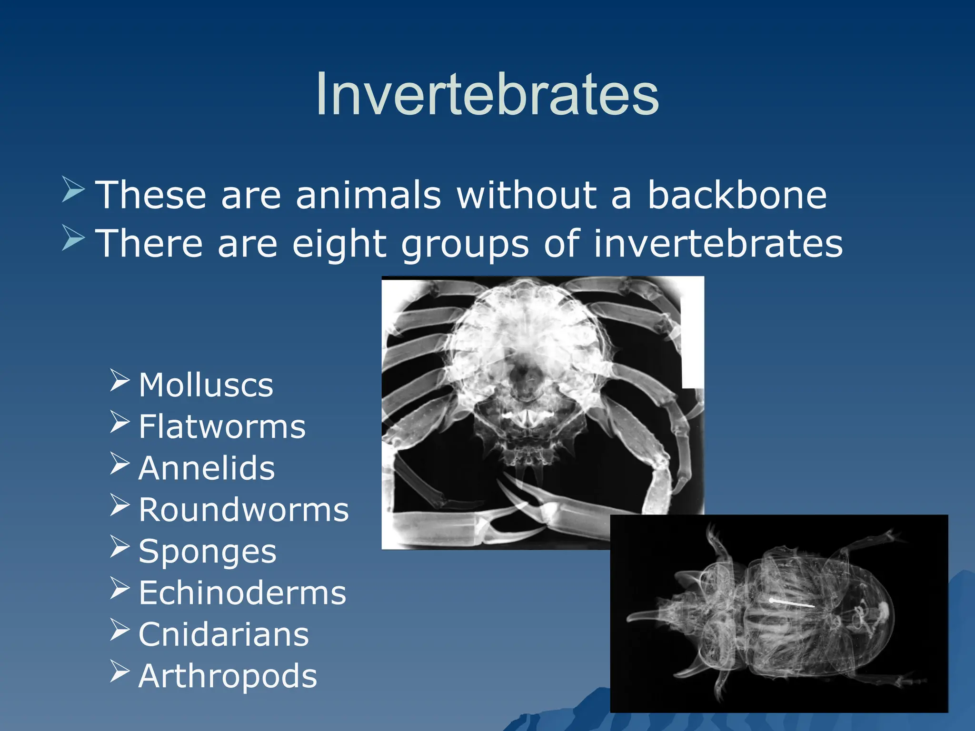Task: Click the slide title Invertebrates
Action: pyautogui.click(x=487, y=94)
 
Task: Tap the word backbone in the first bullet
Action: pyautogui.click(x=736, y=195)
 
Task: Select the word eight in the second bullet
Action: pyautogui.click(x=339, y=243)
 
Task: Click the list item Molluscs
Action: pyautogui.click(x=206, y=385)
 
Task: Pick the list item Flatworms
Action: pyautogui.click(x=222, y=426)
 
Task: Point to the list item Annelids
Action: pyautogui.click(x=206, y=468)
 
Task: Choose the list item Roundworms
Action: pyautogui.click(x=243, y=510)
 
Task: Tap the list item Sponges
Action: pyautogui.click(x=207, y=552)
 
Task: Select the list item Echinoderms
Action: pyautogui.click(x=242, y=593)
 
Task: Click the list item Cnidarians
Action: pyautogui.click(x=223, y=635)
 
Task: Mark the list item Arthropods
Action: pyautogui.click(x=228, y=676)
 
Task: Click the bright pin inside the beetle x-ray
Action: pyautogui.click(x=792, y=603)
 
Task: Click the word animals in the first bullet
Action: pyautogui.click(x=368, y=195)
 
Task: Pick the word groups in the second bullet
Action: pyautogui.click(x=465, y=243)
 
